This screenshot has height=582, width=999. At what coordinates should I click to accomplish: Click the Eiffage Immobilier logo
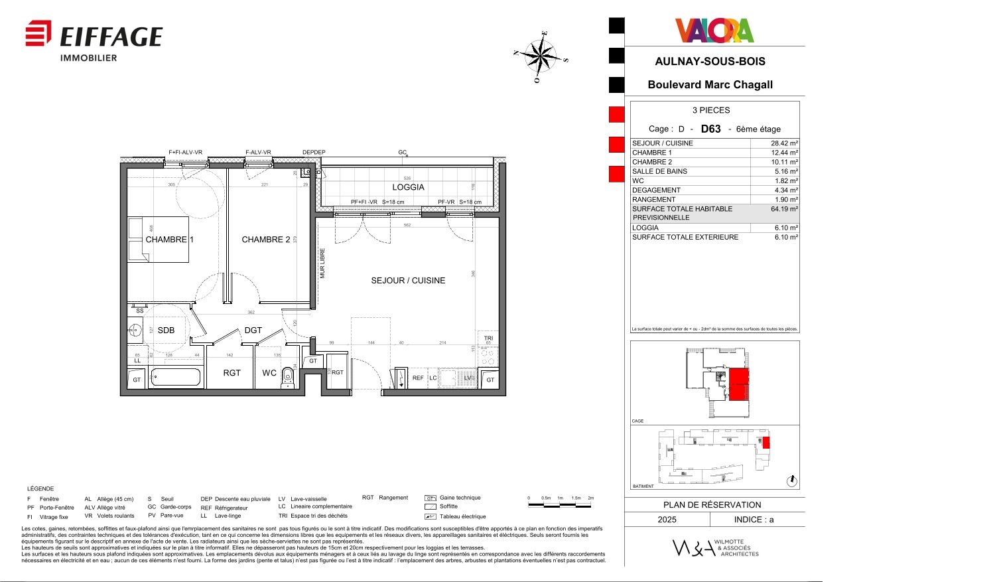94,40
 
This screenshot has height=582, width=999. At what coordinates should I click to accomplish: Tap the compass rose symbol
541,56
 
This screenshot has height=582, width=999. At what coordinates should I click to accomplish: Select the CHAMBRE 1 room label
169,240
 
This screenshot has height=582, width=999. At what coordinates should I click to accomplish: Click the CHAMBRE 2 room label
265,240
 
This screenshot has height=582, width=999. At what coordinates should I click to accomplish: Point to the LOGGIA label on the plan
408,187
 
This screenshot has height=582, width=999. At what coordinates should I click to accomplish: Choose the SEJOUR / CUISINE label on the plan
408,281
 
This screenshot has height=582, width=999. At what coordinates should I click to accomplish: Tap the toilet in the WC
287,377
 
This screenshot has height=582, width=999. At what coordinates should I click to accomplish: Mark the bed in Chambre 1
158,240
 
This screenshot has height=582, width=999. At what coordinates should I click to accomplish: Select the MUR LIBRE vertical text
323,263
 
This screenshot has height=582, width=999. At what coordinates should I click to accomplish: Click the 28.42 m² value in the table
783,143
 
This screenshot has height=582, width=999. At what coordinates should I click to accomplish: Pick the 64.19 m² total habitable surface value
783,209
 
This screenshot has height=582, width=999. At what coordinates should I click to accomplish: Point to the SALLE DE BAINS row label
659,171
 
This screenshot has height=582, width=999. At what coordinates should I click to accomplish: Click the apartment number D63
710,129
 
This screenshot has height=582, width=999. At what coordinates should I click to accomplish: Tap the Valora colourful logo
714,31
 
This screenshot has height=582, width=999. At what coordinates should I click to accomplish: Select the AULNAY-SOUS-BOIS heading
710,61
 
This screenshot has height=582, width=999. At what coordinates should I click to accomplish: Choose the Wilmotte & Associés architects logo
715,547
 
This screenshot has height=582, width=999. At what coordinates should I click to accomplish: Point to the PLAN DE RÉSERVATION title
712,504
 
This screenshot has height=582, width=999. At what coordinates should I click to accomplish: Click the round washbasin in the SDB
135,330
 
